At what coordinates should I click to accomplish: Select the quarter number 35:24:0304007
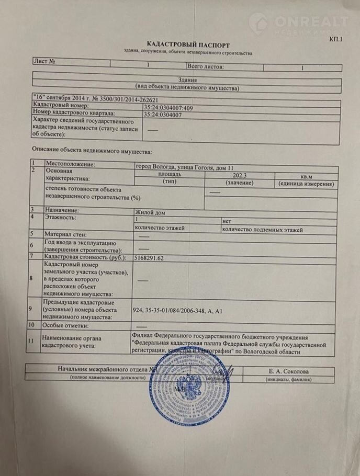(163, 114)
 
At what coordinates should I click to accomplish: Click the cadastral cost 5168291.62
(156, 258)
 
